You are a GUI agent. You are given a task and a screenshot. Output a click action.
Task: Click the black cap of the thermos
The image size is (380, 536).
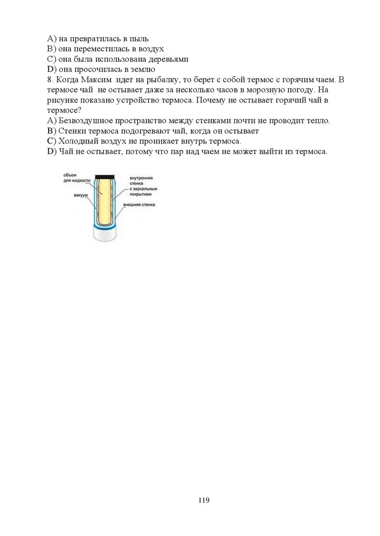(x=105, y=176)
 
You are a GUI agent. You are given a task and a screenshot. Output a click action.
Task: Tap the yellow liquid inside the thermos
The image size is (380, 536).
(x=105, y=199)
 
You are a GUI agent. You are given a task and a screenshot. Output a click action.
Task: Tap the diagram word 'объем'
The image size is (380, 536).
(x=71, y=175)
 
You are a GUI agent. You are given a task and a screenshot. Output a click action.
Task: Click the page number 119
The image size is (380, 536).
(x=204, y=500)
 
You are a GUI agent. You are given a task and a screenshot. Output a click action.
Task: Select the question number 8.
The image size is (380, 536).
(x=49, y=80)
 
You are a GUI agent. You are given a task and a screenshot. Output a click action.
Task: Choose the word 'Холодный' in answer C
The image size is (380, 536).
(x=77, y=141)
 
